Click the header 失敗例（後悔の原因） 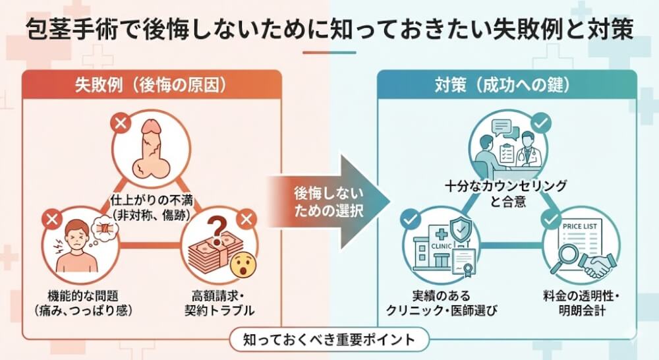[153, 84]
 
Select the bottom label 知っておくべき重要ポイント [329, 340]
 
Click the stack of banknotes [210, 254]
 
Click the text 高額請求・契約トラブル [219, 302]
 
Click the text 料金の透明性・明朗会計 [579, 302]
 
